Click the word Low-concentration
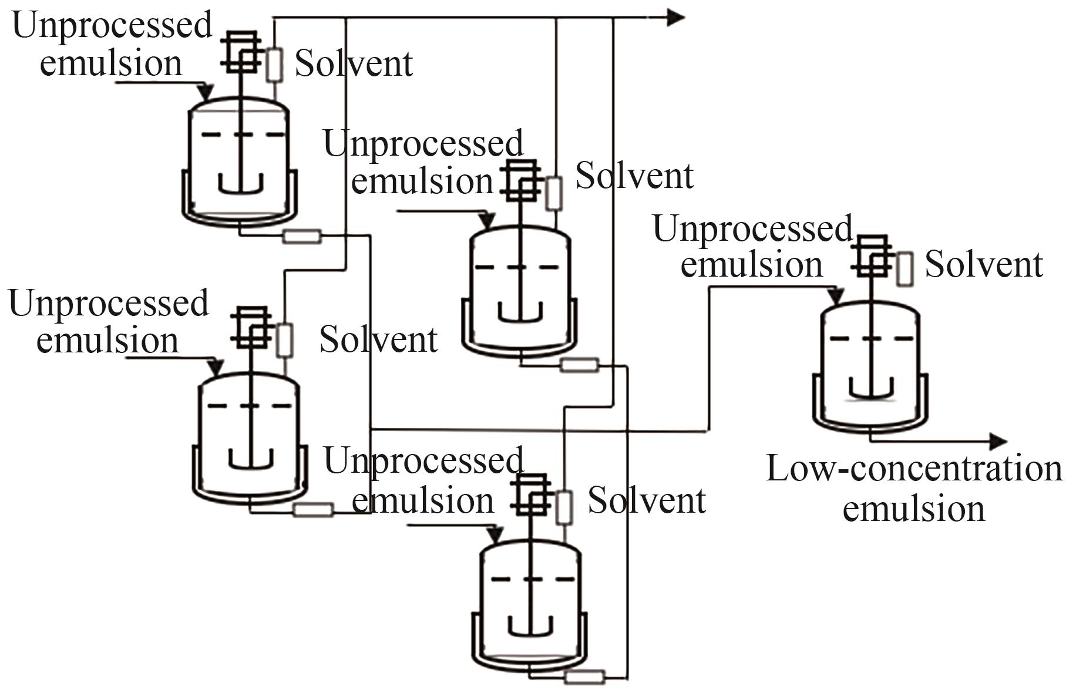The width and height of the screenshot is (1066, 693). tap(914, 469)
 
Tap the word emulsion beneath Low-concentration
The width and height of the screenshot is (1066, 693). tap(914, 509)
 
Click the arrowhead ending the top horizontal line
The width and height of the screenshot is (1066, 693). tap(675, 18)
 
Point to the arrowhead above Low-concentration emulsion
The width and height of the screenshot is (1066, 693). tap(998, 441)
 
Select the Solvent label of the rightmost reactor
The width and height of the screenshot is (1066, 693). tap(984, 265)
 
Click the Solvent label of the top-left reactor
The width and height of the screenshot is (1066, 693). tap(354, 63)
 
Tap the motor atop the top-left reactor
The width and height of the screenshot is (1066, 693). tap(242, 52)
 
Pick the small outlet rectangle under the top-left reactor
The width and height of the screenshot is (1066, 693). tap(302, 236)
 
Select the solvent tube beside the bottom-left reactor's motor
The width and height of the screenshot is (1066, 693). tap(285, 339)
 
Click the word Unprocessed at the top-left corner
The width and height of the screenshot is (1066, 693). tap(112, 26)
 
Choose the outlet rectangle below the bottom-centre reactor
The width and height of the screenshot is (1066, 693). tap(584, 677)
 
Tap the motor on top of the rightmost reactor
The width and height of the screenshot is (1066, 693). tap(872, 256)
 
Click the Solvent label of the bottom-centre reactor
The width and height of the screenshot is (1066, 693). tap(647, 501)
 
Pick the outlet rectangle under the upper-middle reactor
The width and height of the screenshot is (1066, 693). tap(580, 365)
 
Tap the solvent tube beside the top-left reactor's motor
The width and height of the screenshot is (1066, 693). tap(274, 65)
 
